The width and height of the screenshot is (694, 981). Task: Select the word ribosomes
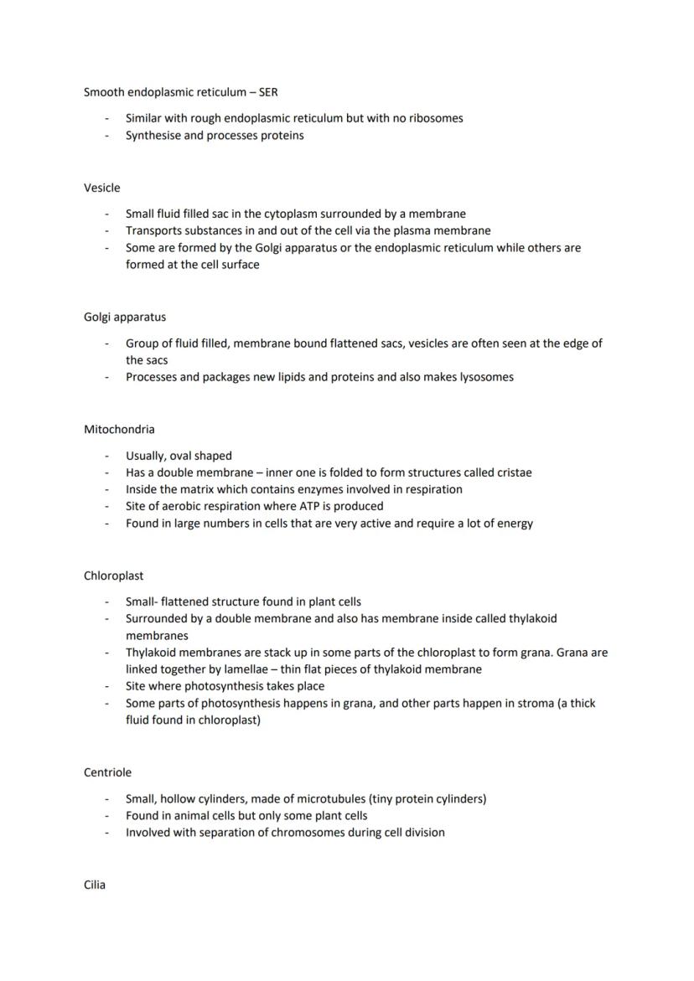click(x=436, y=118)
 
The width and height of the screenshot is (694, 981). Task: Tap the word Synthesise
click(x=153, y=135)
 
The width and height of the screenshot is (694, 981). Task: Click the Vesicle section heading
click(x=101, y=188)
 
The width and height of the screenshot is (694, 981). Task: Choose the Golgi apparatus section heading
click(x=124, y=317)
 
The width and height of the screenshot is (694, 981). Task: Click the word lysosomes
click(x=484, y=377)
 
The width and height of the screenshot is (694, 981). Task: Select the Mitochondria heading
click(x=119, y=429)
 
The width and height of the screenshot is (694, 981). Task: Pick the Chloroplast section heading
click(x=113, y=576)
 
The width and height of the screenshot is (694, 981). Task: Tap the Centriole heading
click(x=107, y=772)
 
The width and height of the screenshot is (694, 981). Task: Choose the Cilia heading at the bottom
click(x=95, y=885)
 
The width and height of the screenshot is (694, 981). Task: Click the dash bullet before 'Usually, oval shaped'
click(x=107, y=456)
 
